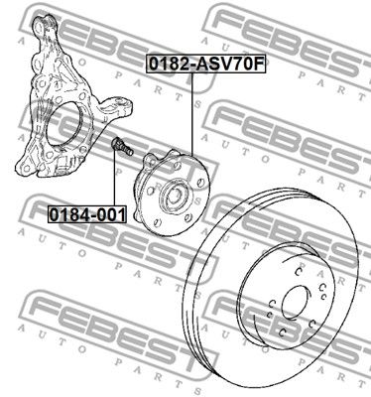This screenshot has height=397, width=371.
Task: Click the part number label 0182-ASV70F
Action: coord(206,65)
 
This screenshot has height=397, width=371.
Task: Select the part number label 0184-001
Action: coord(87,214)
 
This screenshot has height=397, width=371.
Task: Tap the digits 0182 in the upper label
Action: coord(169,65)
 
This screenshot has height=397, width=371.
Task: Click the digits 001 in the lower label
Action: coord(110,215)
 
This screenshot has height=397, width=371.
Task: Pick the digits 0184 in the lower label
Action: coord(69,215)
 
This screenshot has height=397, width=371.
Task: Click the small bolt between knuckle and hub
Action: coord(122,146)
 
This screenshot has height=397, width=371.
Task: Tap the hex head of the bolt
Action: coord(117,143)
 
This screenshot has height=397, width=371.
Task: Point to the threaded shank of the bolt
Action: coord(127,149)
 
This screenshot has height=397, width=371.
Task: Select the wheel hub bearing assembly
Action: coord(172,190)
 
